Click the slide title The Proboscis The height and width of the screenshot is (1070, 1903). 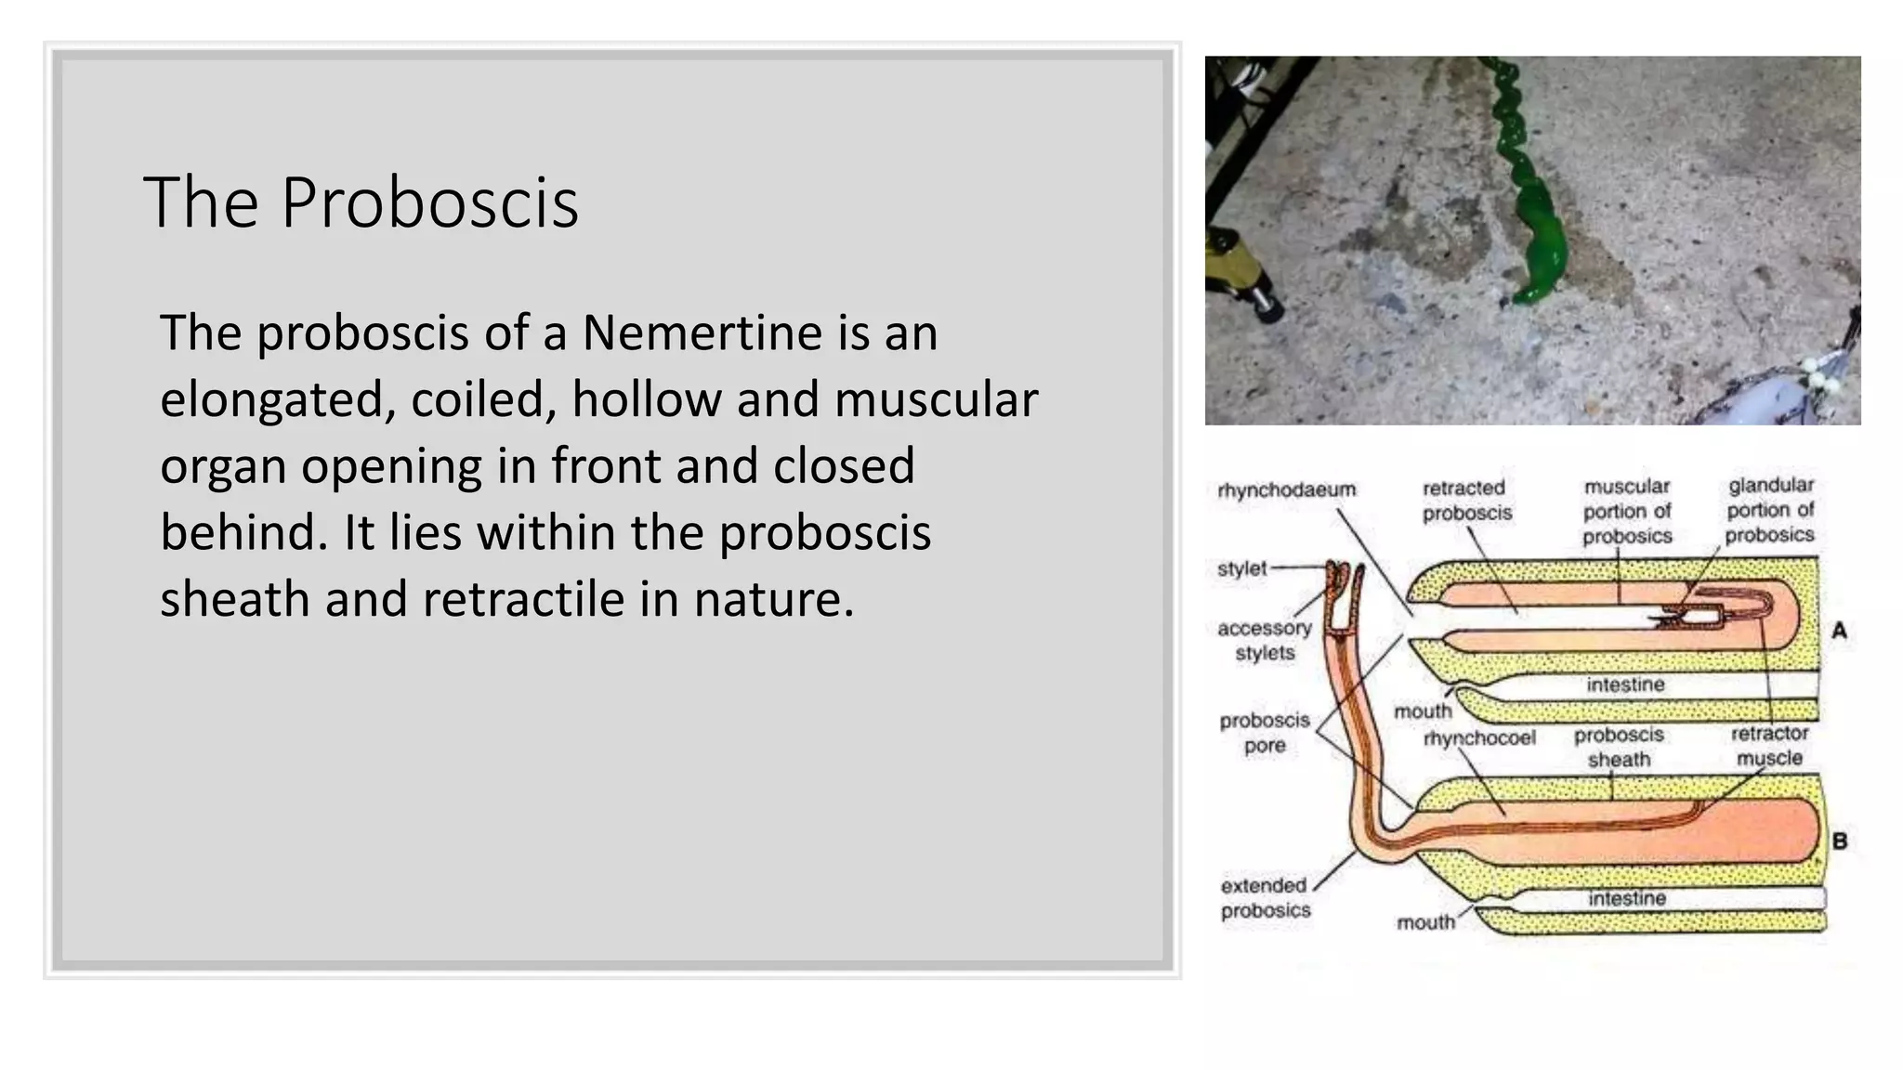361,202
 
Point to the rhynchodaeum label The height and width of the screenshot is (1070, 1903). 1286,489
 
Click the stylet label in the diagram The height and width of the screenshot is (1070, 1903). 1241,568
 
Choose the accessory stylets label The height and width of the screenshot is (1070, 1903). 1264,640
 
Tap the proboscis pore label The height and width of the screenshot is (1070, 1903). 1264,732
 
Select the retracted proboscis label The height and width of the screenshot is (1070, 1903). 1466,500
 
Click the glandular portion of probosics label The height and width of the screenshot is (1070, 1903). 1770,510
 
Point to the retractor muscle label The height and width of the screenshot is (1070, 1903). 1769,745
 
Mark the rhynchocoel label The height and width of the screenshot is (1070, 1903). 1479,738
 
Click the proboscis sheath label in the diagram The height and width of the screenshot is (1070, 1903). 1619,747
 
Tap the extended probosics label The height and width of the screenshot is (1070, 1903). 1265,897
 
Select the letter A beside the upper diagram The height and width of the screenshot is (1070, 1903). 1839,631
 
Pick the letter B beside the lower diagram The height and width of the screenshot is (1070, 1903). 1839,842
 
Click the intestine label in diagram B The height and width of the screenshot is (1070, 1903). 1626,898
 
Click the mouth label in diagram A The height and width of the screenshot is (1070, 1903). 1422,711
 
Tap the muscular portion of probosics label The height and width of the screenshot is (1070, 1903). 1627,511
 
